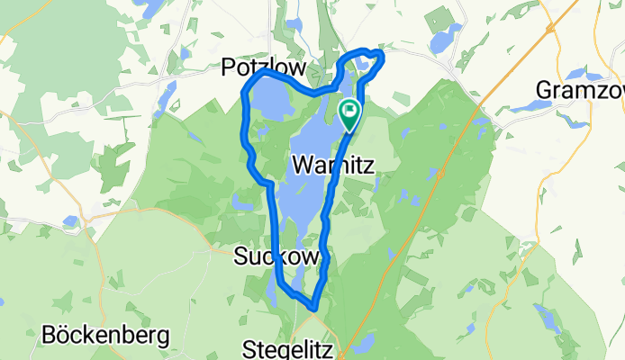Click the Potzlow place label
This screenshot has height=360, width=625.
263,67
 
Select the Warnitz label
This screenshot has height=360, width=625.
332,165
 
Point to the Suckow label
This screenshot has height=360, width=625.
276,256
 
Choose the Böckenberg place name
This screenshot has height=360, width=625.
105,337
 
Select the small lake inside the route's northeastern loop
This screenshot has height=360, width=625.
366,62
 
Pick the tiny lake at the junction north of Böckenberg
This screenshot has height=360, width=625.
70,220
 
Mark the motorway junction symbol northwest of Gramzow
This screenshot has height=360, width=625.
549,28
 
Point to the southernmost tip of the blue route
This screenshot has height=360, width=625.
312,307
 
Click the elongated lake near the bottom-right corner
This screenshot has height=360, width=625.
546,318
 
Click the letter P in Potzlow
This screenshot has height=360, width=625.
229,67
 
